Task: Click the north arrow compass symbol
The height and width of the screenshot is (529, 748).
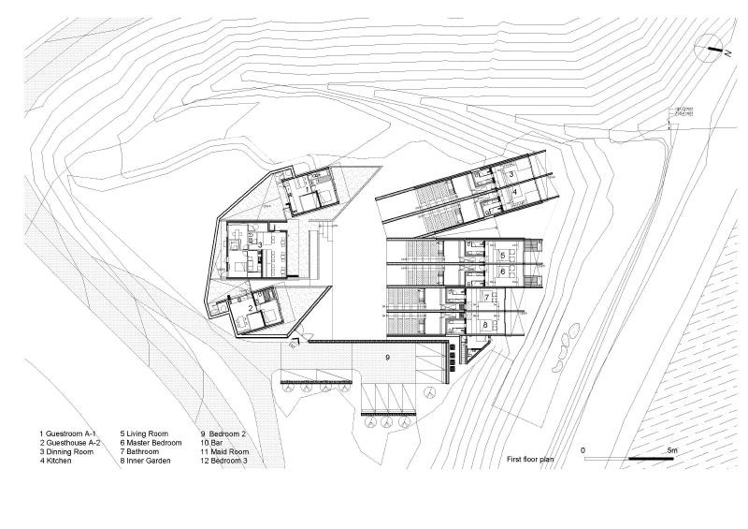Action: [x=713, y=47]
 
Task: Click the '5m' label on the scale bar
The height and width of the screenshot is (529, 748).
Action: [x=671, y=450]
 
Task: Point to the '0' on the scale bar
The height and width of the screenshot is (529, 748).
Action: [x=583, y=450]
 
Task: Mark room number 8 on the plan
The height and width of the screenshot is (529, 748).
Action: [x=485, y=326]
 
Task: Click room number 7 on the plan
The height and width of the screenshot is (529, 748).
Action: [x=485, y=297]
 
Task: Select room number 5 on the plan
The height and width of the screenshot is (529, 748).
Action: [x=502, y=255]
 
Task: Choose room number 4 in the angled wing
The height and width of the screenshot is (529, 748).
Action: [x=514, y=191]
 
